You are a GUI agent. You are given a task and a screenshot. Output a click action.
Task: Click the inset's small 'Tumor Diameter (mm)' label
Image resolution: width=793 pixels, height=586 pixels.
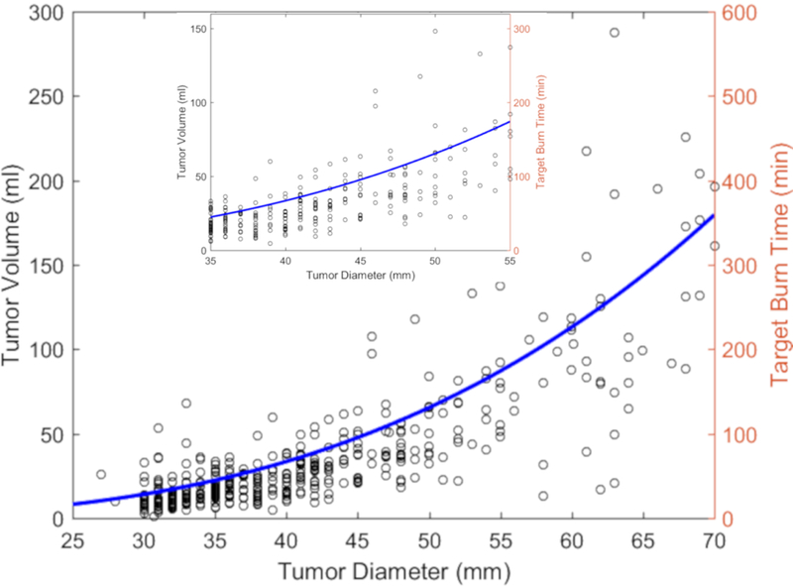(359, 275)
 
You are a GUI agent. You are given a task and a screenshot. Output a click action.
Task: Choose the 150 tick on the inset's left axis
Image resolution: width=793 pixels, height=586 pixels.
(197, 30)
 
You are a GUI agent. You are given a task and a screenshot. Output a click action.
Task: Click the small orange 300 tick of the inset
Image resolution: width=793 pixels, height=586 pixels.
(520, 30)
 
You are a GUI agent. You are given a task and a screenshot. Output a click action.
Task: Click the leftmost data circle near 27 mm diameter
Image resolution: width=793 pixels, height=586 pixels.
(101, 475)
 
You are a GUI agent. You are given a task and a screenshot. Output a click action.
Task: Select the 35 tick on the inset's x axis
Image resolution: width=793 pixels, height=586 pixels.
(210, 261)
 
